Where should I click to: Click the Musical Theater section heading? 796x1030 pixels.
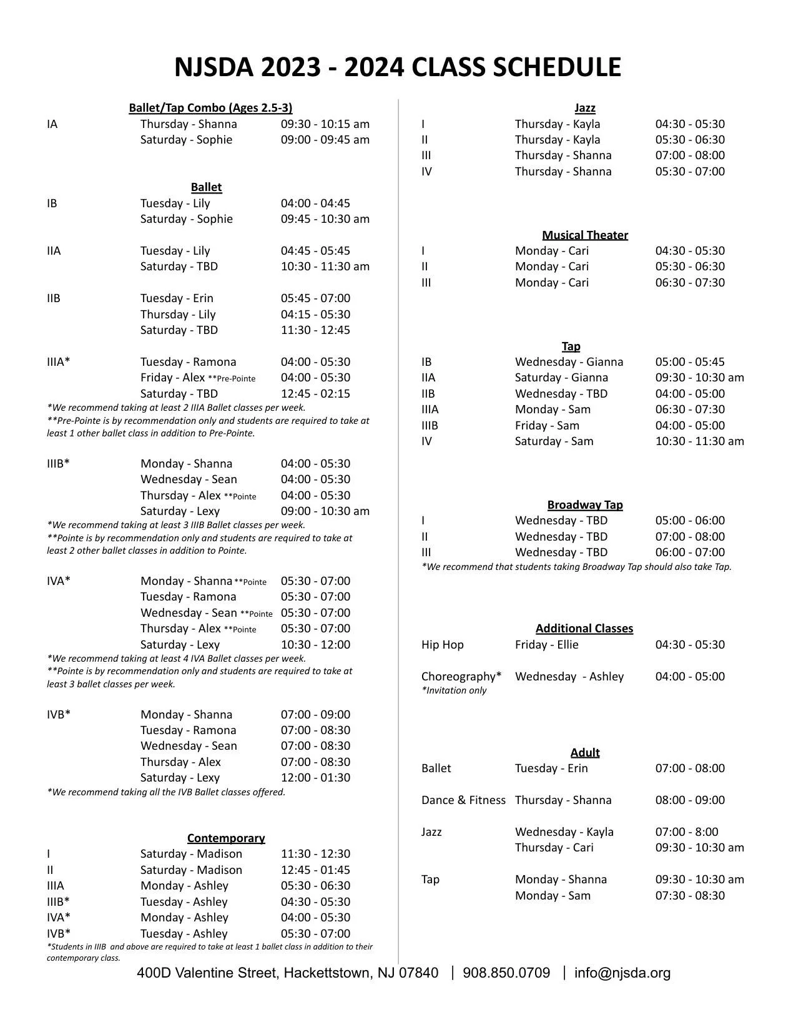coord(585,235)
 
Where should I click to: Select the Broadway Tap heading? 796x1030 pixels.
coord(585,505)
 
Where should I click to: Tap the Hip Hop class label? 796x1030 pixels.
coord(443,645)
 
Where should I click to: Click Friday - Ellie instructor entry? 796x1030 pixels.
coord(546,645)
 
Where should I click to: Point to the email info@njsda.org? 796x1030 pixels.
coord(622,973)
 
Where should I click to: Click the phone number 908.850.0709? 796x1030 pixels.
coord(506,973)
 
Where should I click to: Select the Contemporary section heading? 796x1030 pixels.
coord(226,838)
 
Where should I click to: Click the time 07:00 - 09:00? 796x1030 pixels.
coord(315,715)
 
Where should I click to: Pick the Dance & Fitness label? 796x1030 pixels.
coord(463,800)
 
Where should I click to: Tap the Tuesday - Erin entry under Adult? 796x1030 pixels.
coord(551,768)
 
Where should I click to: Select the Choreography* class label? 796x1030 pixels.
coord(461,677)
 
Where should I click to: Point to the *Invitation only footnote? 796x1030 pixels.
coord(454,690)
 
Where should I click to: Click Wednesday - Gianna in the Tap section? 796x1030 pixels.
coord(569,362)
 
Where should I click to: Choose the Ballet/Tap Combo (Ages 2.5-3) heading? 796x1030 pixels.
coord(210,108)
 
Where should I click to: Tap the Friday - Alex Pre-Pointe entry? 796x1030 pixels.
coord(197,378)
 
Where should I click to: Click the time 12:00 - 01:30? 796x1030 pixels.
coord(315,778)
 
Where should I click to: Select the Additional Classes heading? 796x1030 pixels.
coord(584,629)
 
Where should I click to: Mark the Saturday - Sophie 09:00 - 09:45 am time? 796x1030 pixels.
coord(325,140)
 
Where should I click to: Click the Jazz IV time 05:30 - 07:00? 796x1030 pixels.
coord(690,172)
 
